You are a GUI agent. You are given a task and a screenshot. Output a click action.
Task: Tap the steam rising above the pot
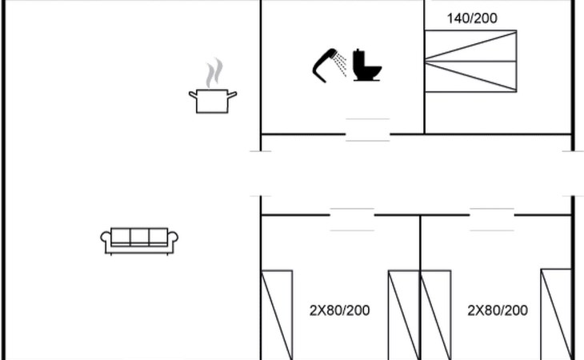214,73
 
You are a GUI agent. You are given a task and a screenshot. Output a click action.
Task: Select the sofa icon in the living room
139,242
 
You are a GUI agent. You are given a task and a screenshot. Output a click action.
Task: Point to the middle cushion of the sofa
139,237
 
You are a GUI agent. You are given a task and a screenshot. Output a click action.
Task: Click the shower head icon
325,65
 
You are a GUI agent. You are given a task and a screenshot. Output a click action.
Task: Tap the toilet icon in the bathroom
367,65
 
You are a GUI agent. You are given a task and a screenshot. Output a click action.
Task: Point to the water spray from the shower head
341,64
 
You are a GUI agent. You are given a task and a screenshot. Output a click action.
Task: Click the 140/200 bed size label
472,18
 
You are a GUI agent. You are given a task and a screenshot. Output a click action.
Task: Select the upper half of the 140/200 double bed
470,46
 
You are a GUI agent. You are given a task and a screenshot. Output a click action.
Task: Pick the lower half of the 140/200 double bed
470,76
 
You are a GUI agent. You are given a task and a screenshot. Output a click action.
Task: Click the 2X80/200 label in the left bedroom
340,310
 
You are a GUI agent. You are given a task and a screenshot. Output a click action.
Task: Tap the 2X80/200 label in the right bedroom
498,310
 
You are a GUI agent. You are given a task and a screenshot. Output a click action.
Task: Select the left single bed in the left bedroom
277,315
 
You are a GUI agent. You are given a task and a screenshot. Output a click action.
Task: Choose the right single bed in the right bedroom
556,314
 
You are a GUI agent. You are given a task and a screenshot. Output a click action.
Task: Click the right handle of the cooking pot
232,95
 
